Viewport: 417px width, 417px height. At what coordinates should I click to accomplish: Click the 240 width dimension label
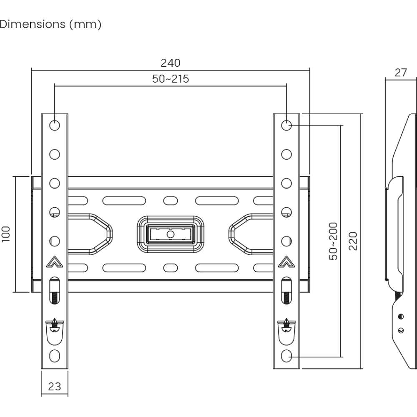[x=171, y=63]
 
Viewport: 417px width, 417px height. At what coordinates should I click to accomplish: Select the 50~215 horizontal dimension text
[x=171, y=79]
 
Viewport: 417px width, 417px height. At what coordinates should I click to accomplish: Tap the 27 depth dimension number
[x=401, y=73]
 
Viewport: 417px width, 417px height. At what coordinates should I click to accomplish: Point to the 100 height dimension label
[x=6, y=234]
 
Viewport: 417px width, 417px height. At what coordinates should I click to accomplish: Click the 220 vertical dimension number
[x=353, y=241]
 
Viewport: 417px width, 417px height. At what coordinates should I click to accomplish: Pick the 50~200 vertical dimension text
[x=333, y=241]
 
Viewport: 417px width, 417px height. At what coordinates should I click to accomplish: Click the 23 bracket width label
[x=55, y=387]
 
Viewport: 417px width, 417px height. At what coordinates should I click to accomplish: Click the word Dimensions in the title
[x=33, y=24]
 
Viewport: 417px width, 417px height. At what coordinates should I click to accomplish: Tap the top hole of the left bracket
[x=55, y=125]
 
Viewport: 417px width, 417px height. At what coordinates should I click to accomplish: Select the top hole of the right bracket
[x=286, y=125]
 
